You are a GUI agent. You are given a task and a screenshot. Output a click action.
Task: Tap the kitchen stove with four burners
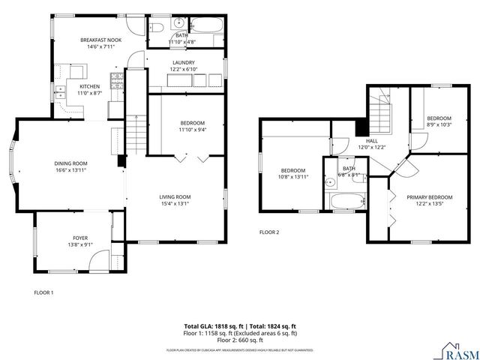[x=116, y=80]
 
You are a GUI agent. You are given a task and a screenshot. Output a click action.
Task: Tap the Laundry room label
[x=184, y=63]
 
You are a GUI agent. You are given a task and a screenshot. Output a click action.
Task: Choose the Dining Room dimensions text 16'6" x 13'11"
[x=70, y=171]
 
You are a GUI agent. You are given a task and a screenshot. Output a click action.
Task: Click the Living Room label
[x=175, y=197]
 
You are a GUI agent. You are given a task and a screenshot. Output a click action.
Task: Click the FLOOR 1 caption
[x=43, y=292]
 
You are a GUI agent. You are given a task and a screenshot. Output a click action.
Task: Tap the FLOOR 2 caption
[x=269, y=232]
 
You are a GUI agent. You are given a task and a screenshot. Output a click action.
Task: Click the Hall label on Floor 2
[x=372, y=140]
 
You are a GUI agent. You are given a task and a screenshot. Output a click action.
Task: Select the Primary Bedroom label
[x=430, y=197]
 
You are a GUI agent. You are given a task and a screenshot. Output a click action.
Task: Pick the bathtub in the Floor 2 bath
[x=347, y=201]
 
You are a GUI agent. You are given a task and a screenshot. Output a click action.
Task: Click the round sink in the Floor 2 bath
[x=329, y=181]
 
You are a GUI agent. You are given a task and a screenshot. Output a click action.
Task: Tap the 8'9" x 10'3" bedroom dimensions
[x=439, y=124]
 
